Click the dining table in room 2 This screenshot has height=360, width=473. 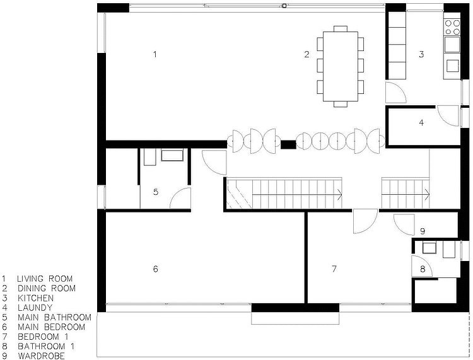coord(341,66)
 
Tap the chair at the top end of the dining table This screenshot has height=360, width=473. coord(341,28)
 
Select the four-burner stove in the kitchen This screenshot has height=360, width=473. coord(452,27)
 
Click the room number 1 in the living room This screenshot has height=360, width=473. coord(155,55)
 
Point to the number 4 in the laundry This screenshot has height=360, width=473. coord(421,122)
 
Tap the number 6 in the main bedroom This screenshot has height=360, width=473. coord(155,269)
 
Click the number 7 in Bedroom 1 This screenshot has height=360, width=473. coord(334,269)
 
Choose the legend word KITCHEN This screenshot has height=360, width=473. coord(35,298)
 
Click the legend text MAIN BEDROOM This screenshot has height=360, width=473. coord(51,327)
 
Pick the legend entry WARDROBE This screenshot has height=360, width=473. coord(41,356)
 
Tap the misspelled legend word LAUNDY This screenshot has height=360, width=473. coord(35,308)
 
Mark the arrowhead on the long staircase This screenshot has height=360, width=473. coord(339,195)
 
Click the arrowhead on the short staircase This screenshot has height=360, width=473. coord(427,194)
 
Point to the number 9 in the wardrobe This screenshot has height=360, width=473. coord(423,231)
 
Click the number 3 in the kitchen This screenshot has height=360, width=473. coord(421,54)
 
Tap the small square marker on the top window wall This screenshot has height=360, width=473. coord(284,5)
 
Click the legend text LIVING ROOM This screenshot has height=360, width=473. coord(45,279)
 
